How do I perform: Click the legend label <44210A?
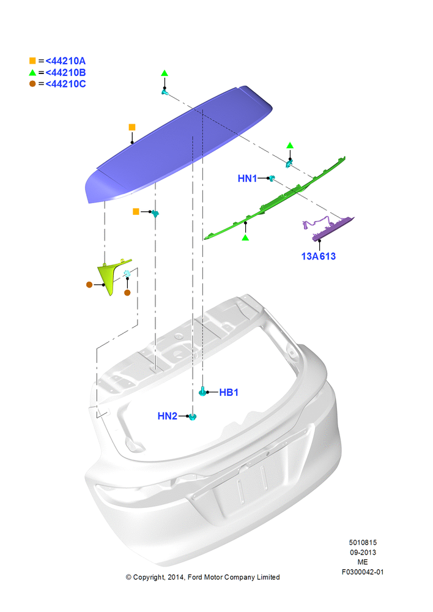point(65,61)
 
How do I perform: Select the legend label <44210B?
point(65,73)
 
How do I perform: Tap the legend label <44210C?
point(65,84)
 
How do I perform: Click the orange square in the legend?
point(32,61)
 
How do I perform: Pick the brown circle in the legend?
point(32,83)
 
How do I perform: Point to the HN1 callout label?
point(247,178)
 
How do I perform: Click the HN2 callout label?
point(168,416)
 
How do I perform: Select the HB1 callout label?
point(229,392)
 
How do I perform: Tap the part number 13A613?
point(318,256)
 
